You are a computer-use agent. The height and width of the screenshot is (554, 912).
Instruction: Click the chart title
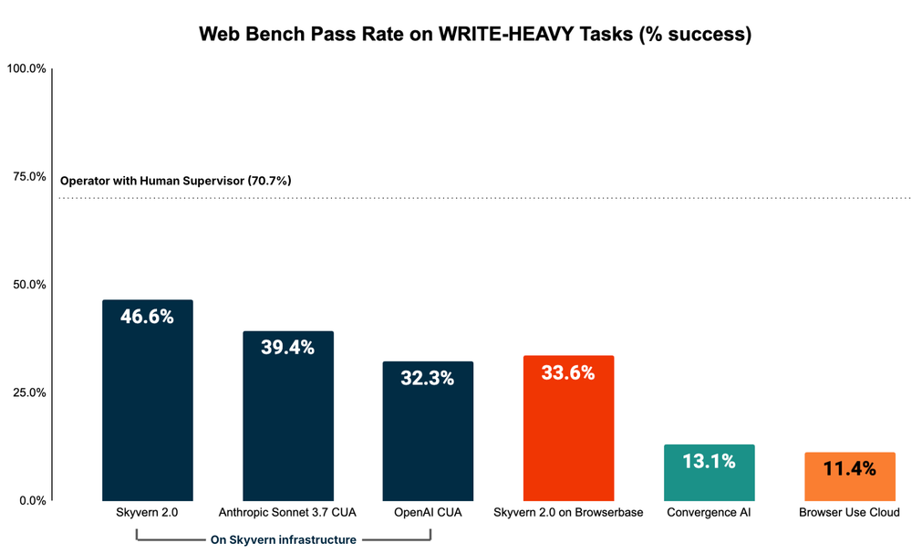click(475, 35)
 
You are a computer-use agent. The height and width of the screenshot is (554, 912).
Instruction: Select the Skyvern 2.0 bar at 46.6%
click(147, 402)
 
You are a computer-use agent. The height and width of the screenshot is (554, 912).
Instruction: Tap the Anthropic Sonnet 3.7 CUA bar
click(287, 420)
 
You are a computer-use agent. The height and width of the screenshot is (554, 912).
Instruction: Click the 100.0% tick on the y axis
click(26, 68)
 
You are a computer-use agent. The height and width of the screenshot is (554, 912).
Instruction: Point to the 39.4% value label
click(287, 347)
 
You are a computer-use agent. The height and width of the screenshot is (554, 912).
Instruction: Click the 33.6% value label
click(568, 372)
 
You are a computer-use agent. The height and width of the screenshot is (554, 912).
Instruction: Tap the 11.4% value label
click(849, 469)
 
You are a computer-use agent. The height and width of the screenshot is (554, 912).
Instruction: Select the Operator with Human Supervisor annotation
click(176, 181)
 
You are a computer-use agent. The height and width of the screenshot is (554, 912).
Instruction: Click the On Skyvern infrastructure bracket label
click(284, 539)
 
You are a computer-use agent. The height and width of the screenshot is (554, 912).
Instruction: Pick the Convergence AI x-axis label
click(709, 513)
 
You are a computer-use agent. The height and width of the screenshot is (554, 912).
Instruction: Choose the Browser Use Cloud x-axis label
click(849, 513)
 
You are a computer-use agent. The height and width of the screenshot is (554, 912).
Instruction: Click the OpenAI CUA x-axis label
click(428, 513)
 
